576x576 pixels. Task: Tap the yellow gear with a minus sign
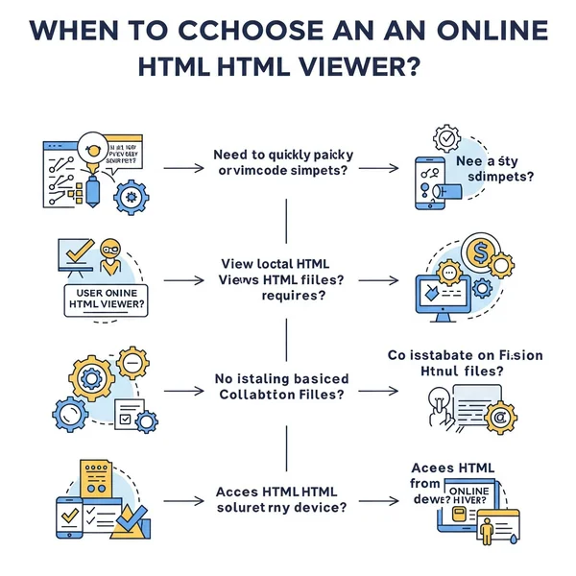coord(132,364)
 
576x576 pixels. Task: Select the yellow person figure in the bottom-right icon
coord(486,528)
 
